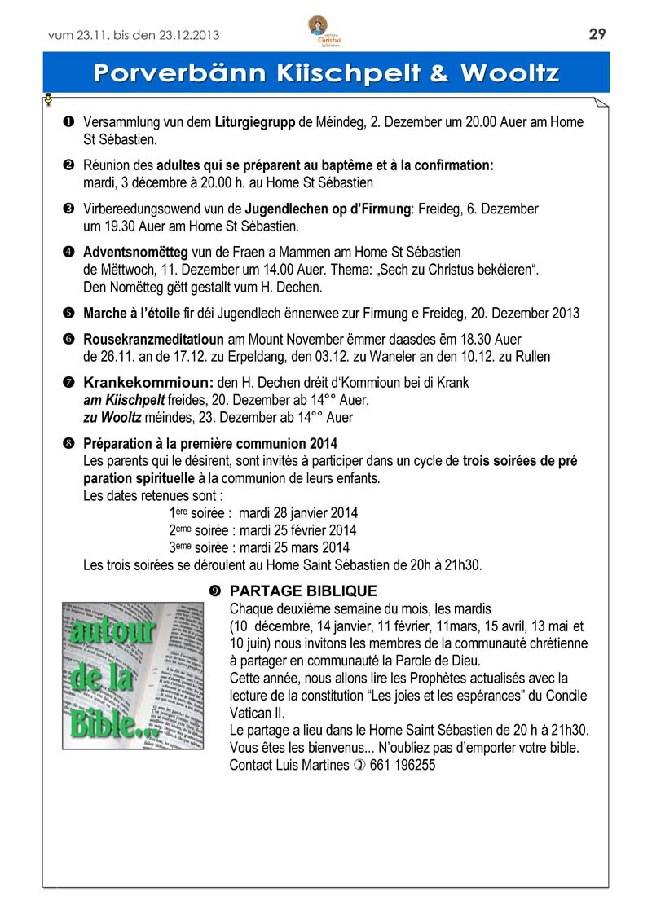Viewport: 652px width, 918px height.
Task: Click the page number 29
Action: click(x=597, y=33)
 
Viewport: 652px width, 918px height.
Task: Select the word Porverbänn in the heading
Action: click(x=177, y=73)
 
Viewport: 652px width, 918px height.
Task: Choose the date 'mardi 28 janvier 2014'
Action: click(x=298, y=513)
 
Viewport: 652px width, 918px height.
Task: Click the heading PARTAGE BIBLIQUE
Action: click(x=304, y=591)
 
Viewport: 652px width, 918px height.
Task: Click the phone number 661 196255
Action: click(x=403, y=765)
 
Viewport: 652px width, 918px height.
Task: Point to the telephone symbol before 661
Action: click(x=359, y=765)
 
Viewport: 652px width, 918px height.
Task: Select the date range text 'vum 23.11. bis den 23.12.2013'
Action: click(x=134, y=34)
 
